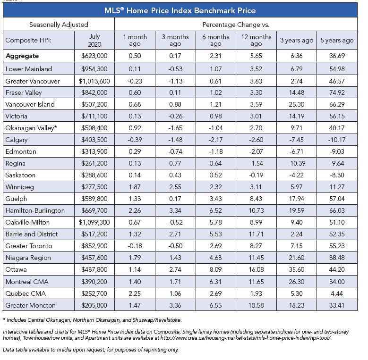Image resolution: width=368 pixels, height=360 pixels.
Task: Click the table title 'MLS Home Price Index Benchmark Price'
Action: (180, 10)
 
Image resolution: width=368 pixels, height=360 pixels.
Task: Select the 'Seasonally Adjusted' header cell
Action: (59, 25)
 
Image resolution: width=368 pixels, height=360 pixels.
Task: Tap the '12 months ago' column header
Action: (256, 40)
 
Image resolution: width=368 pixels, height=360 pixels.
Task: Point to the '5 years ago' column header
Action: (337, 40)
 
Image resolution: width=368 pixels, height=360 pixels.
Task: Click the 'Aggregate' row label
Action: (22, 56)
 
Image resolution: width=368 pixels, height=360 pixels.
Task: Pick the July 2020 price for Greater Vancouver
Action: (94, 81)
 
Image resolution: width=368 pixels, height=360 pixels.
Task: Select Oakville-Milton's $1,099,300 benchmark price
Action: (94, 222)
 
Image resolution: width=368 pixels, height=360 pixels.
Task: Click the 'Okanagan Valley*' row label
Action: (31, 128)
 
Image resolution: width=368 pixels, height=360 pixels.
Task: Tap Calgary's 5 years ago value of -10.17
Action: (337, 140)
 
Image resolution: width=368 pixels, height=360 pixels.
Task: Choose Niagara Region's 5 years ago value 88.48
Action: (337, 258)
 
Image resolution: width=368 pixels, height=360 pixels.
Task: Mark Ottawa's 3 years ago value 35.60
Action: (296, 269)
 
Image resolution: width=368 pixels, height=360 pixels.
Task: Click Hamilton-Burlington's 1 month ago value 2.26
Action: (135, 210)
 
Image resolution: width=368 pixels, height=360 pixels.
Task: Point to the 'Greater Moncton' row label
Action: (31, 305)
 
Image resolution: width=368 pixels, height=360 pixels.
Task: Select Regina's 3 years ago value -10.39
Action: (296, 163)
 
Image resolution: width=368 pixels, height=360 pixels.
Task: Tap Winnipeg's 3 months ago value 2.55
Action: (175, 187)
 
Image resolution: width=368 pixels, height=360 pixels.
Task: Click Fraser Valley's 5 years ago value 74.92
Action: (337, 92)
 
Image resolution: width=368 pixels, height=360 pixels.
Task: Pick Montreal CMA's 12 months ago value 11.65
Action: (256, 282)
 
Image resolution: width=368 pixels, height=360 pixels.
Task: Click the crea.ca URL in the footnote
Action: (246, 338)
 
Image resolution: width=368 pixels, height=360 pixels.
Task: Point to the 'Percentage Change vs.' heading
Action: (236, 25)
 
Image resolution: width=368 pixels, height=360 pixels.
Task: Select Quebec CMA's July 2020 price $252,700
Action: (94, 293)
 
